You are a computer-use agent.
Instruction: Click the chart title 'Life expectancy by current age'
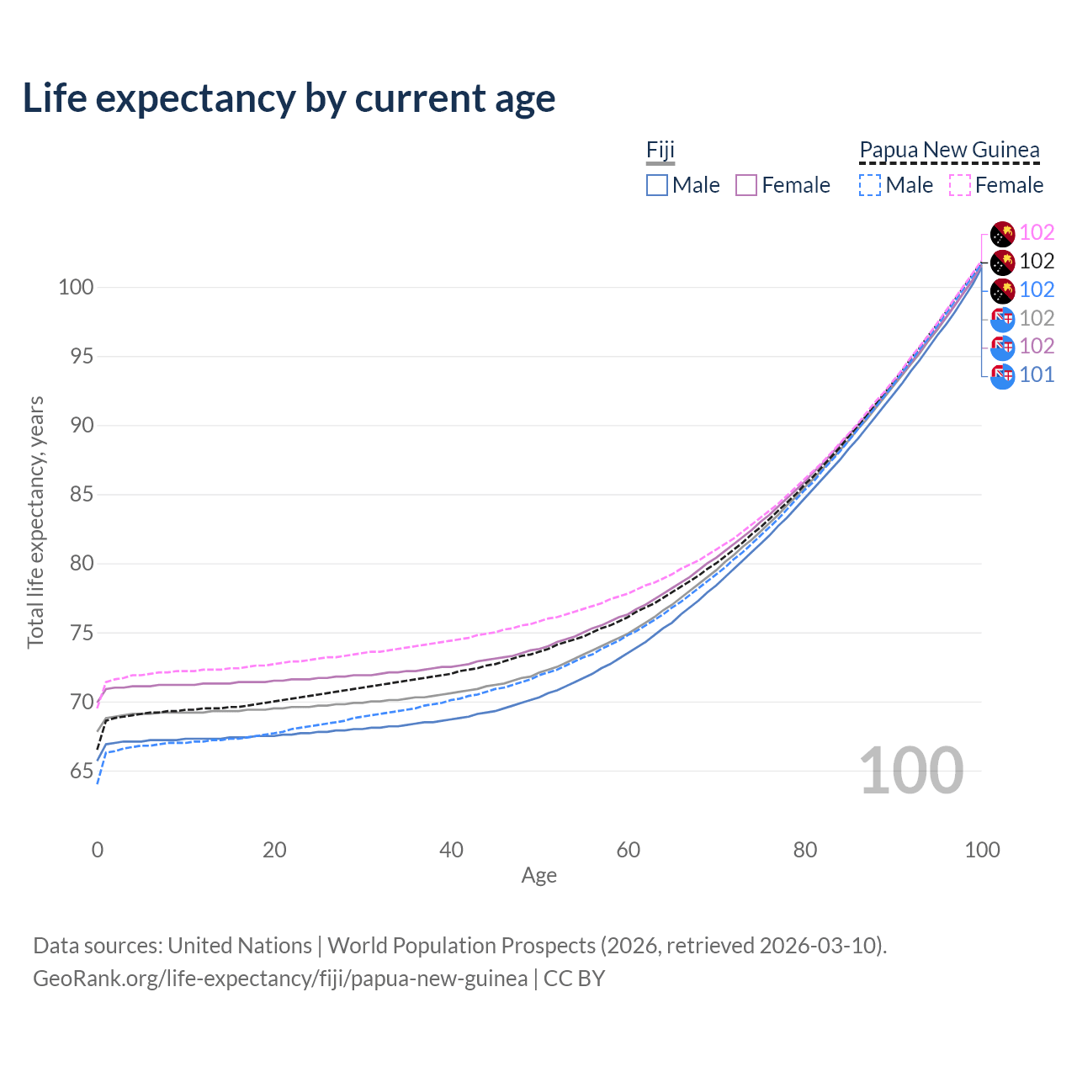coord(289,98)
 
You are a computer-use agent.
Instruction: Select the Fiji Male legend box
coord(657,185)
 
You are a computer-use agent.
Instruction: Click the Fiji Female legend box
coord(746,185)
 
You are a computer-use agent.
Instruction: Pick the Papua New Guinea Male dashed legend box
coord(870,185)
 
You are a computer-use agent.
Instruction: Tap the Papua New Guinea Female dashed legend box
coord(959,185)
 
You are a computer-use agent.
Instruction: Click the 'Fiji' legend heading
coord(661,151)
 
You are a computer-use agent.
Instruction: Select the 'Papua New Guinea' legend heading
coord(949,151)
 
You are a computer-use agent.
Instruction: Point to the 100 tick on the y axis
coord(76,287)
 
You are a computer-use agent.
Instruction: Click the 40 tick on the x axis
coord(451,850)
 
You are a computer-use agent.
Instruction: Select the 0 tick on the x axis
coord(98,850)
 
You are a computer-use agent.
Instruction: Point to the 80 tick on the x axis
coord(805,850)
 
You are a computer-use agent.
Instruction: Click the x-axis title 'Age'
coord(538,876)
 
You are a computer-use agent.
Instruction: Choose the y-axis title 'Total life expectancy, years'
coord(35,522)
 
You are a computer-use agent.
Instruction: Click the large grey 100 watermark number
coord(911,770)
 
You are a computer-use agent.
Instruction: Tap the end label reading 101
coord(1037,374)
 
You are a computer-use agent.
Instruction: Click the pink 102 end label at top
coord(1037,232)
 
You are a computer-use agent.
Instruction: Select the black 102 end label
coord(1037,261)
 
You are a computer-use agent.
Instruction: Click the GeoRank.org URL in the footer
coord(280,979)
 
